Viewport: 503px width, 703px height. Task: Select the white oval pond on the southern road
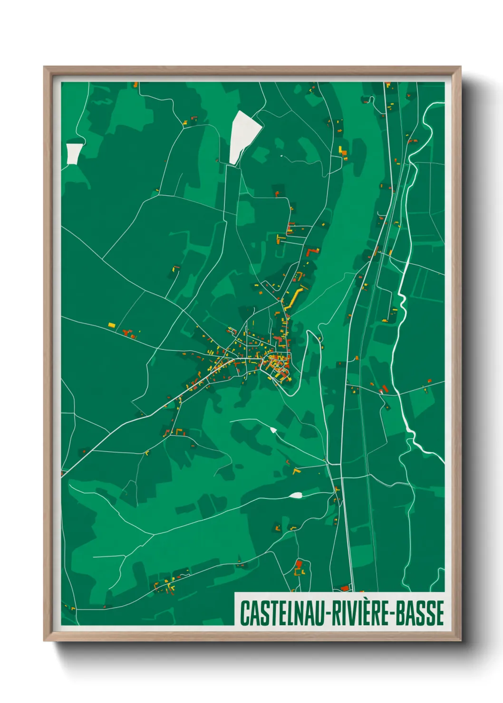295,495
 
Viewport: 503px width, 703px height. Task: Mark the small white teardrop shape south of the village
273,430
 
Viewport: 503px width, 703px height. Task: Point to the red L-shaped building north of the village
312,251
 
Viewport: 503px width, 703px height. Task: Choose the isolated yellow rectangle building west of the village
112,325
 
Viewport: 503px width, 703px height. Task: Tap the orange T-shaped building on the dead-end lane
280,237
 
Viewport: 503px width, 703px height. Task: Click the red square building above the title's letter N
299,564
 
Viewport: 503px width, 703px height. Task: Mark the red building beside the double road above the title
345,588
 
